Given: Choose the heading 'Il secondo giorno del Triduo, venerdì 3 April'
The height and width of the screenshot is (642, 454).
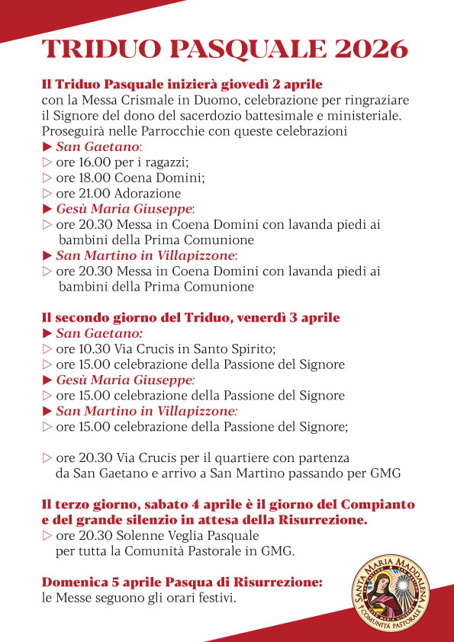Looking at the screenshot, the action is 191,317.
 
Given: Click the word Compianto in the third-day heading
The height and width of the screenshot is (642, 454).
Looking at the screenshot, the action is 374,505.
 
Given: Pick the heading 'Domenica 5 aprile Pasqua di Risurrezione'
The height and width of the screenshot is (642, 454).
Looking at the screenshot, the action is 182,582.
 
